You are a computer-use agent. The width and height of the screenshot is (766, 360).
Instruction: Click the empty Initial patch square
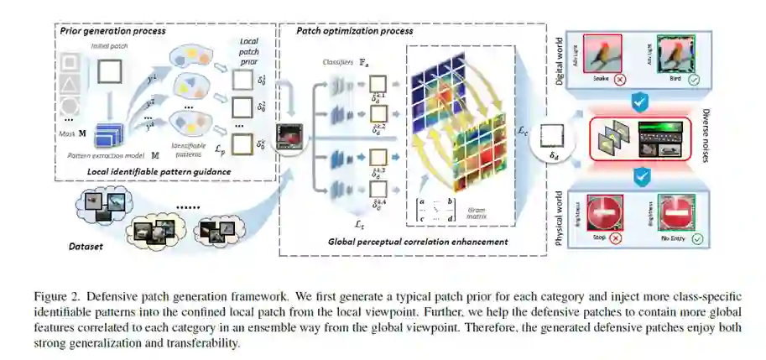coord(110,74)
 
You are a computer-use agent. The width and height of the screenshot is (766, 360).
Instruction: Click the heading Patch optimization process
coord(354,31)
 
